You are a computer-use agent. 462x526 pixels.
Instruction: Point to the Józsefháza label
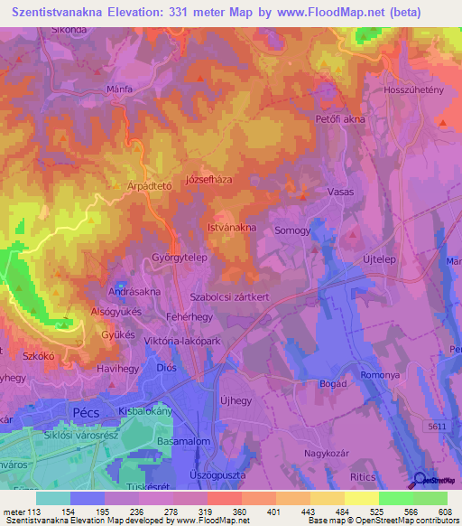[x=208, y=180]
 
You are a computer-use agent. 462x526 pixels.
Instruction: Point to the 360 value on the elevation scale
[x=240, y=512]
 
